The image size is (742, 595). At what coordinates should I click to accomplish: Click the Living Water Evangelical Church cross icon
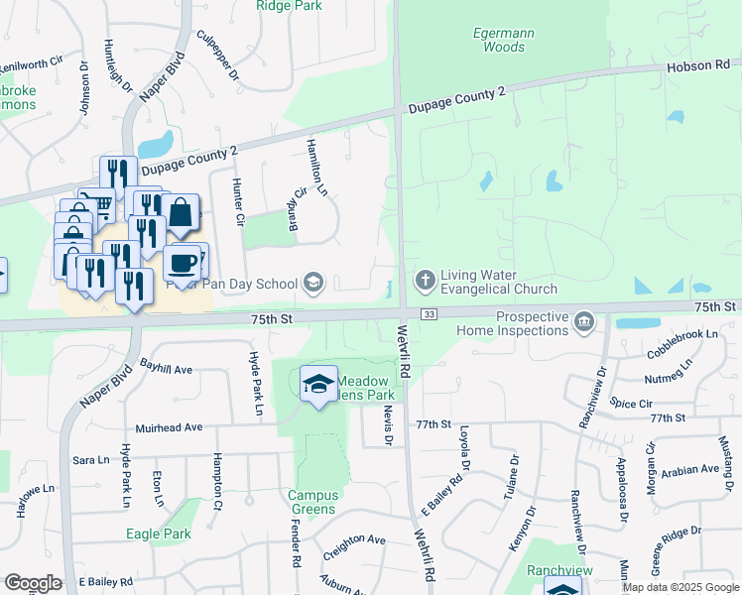(x=425, y=280)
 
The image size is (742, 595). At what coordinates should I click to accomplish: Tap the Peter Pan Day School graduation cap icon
(x=313, y=284)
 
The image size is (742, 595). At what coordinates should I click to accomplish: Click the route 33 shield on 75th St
(x=429, y=314)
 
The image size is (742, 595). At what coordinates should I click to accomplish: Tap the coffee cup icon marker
(x=181, y=264)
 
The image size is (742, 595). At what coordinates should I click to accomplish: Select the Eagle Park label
(x=158, y=534)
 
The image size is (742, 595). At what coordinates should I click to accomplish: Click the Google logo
(x=33, y=582)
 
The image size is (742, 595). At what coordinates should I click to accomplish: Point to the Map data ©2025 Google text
(x=680, y=587)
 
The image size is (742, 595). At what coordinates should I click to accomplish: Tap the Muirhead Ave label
(x=166, y=427)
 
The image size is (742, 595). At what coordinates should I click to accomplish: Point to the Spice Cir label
(x=631, y=405)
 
